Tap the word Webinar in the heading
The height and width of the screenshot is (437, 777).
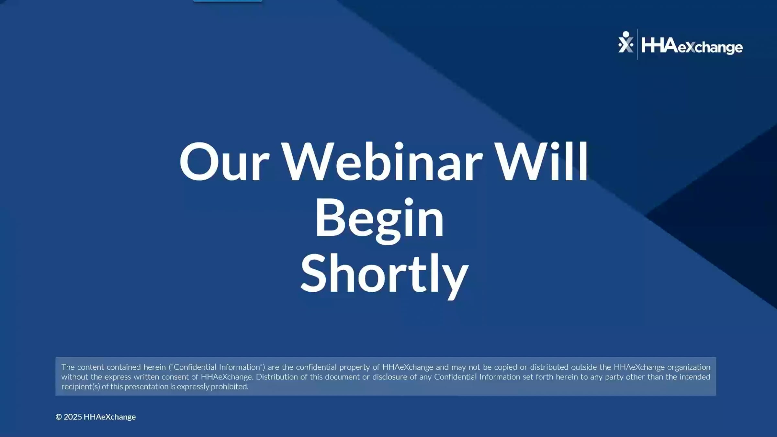pyautogui.click(x=382, y=162)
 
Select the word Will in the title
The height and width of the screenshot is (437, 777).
pyautogui.click(x=541, y=162)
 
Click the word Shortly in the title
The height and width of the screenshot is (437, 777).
pyautogui.click(x=384, y=275)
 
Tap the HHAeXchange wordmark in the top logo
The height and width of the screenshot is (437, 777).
pyautogui.click(x=692, y=46)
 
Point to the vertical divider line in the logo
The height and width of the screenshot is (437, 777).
pyautogui.click(x=637, y=44)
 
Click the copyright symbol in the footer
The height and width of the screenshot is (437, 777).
pyautogui.click(x=59, y=417)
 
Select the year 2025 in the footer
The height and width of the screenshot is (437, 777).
pyautogui.click(x=73, y=417)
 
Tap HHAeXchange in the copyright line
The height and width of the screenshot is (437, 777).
pyautogui.click(x=109, y=417)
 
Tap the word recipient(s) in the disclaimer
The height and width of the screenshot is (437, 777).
pyautogui.click(x=81, y=387)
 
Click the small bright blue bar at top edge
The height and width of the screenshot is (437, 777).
pyautogui.click(x=228, y=1)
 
